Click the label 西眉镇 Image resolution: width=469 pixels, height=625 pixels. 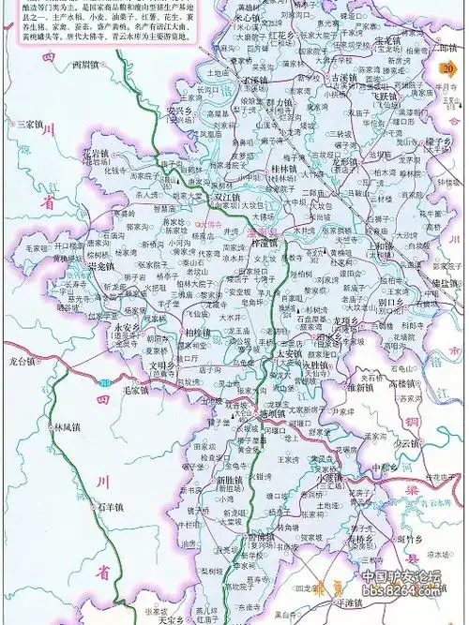90,66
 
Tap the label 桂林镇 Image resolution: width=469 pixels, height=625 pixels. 283,169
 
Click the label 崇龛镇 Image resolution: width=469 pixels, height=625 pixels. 100,267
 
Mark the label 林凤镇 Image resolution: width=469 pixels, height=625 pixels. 68,426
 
